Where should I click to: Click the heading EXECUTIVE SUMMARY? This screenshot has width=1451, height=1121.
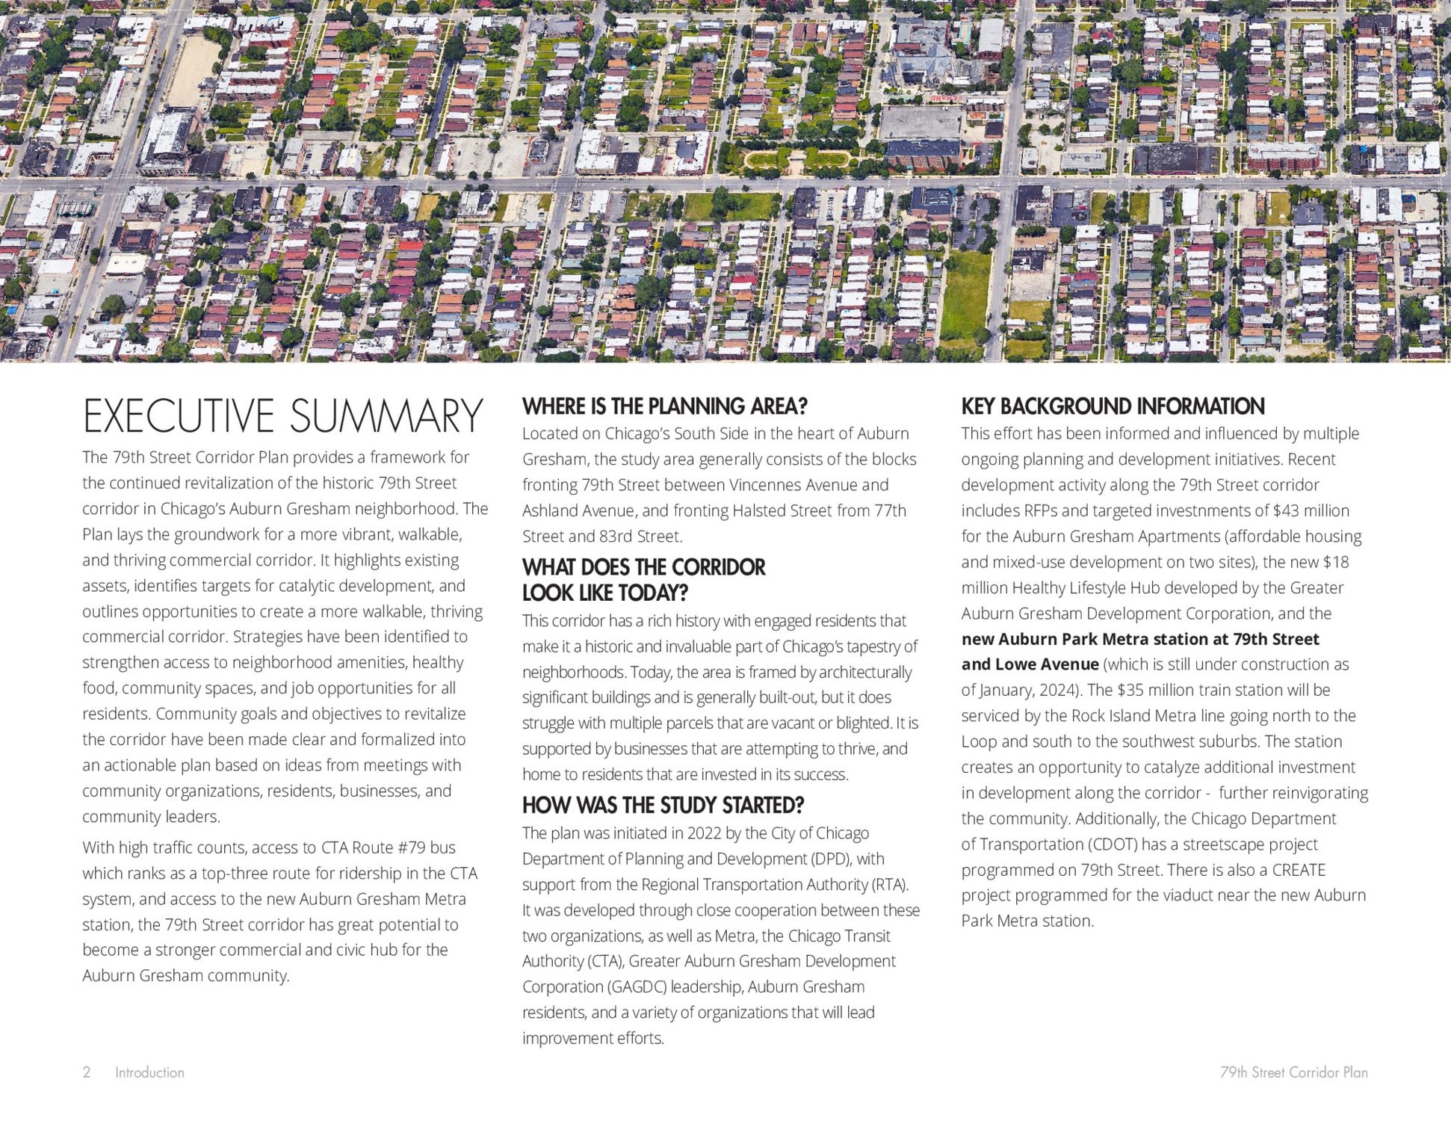pyautogui.click(x=282, y=416)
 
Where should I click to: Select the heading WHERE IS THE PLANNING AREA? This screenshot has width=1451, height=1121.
pyautogui.click(x=664, y=407)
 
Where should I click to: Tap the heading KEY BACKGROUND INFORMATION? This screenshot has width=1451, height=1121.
pyautogui.click(x=1113, y=407)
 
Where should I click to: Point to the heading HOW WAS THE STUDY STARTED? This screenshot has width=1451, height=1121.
pyautogui.click(x=663, y=806)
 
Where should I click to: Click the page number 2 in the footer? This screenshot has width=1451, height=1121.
pyautogui.click(x=87, y=1072)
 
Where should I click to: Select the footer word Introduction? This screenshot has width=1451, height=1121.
pyautogui.click(x=149, y=1072)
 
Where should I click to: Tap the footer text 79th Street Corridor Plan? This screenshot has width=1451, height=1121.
pyautogui.click(x=1293, y=1072)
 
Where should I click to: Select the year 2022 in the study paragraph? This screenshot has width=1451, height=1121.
pyautogui.click(x=704, y=833)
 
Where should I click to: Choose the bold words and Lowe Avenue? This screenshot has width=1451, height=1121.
pyautogui.click(x=1030, y=664)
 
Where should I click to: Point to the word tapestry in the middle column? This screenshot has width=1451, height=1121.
pyautogui.click(x=875, y=646)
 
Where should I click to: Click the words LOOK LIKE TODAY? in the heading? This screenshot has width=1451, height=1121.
pyautogui.click(x=604, y=593)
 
